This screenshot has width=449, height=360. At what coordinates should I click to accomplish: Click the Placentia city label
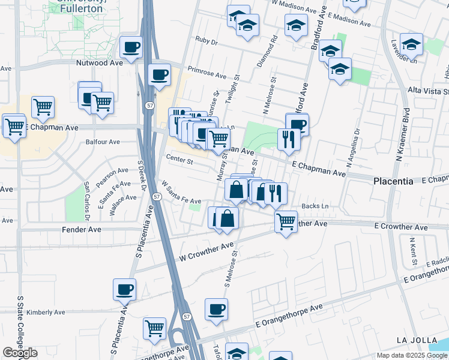tap(393, 181)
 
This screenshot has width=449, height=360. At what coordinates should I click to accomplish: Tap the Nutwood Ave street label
tap(99, 62)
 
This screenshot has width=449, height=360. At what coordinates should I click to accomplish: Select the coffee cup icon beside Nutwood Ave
tap(131, 47)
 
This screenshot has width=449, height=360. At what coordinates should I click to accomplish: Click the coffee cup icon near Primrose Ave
tap(159, 75)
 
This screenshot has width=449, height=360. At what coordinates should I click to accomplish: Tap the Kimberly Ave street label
tap(46, 312)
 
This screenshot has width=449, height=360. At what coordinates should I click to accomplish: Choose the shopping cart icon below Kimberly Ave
tap(154, 328)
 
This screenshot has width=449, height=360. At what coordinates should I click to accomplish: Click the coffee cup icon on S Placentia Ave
tap(124, 290)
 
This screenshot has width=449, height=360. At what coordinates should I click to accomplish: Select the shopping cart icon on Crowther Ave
tap(286, 221)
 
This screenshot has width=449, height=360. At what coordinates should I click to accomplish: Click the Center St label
tap(179, 161)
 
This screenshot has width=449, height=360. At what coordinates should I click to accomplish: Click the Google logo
tap(20, 353)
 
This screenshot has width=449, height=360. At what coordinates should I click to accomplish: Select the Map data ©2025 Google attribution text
tap(411, 355)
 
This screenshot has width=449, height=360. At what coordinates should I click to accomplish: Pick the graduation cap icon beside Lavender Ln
tap(411, 44)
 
